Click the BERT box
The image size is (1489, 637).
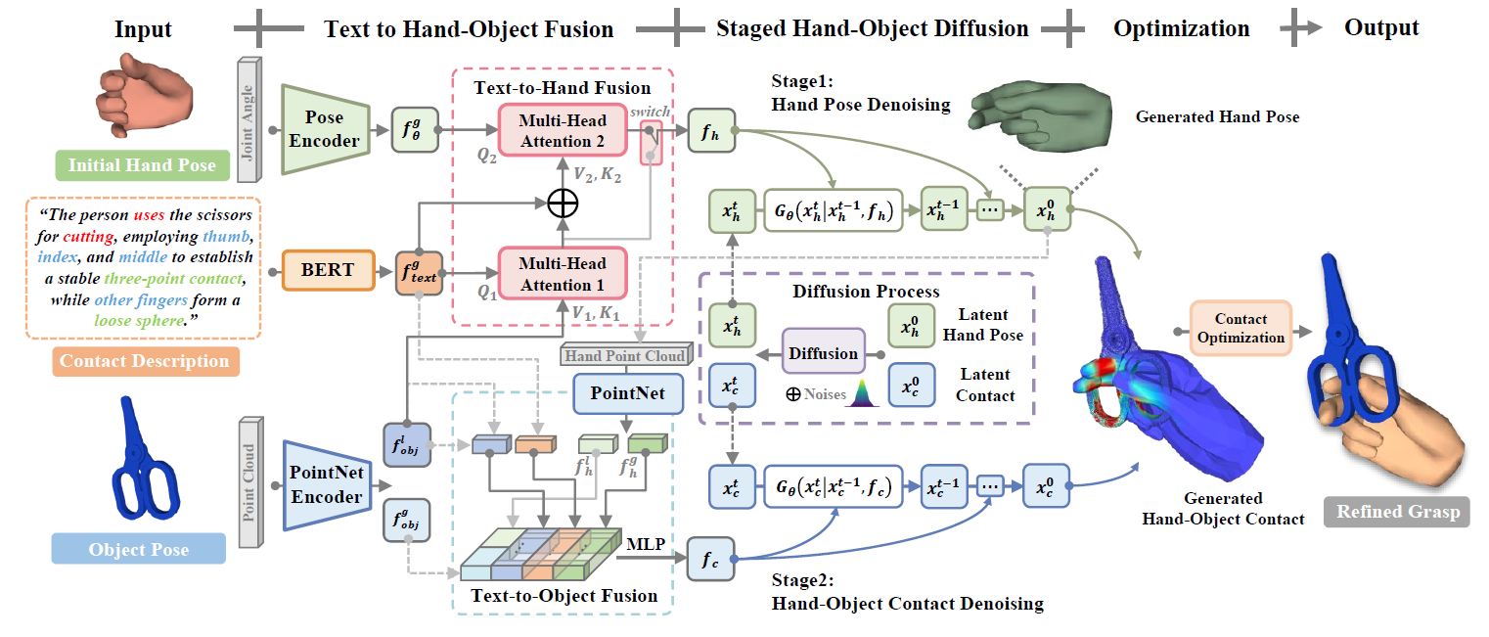click(328, 269)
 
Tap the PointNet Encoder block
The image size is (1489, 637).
click(327, 485)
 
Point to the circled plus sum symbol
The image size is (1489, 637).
click(563, 204)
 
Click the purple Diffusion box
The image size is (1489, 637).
click(823, 353)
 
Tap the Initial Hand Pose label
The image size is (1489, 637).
click(142, 164)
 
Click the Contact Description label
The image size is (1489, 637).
click(144, 361)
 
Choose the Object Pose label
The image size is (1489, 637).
click(139, 548)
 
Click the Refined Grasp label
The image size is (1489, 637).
click(1397, 512)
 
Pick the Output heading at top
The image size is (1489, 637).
click(1381, 27)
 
